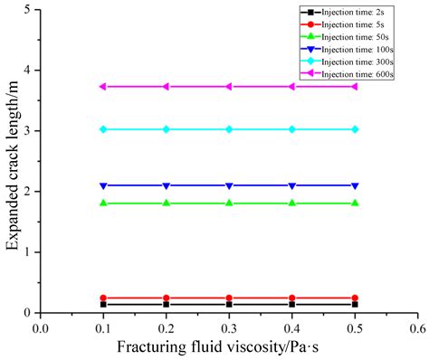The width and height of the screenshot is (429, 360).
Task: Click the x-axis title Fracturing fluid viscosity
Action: [226, 346]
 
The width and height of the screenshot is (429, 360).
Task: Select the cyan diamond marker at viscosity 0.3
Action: [229, 129]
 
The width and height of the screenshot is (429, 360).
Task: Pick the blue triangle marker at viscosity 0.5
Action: [355, 185]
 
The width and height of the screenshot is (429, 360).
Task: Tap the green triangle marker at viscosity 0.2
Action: [166, 203]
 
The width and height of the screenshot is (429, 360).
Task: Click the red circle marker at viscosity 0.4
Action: [291, 298]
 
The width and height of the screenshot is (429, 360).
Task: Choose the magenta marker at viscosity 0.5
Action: [355, 87]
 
